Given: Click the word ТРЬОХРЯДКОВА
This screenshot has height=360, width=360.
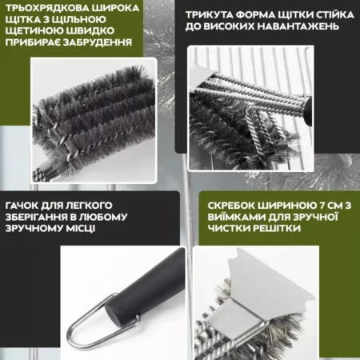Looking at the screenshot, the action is coord(46,8).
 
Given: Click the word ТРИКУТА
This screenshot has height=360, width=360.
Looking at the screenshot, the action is coord(209,15).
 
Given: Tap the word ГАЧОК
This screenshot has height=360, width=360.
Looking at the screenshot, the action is coord(22,206).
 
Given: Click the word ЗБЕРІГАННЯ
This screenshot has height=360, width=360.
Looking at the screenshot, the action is coord(35,217).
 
